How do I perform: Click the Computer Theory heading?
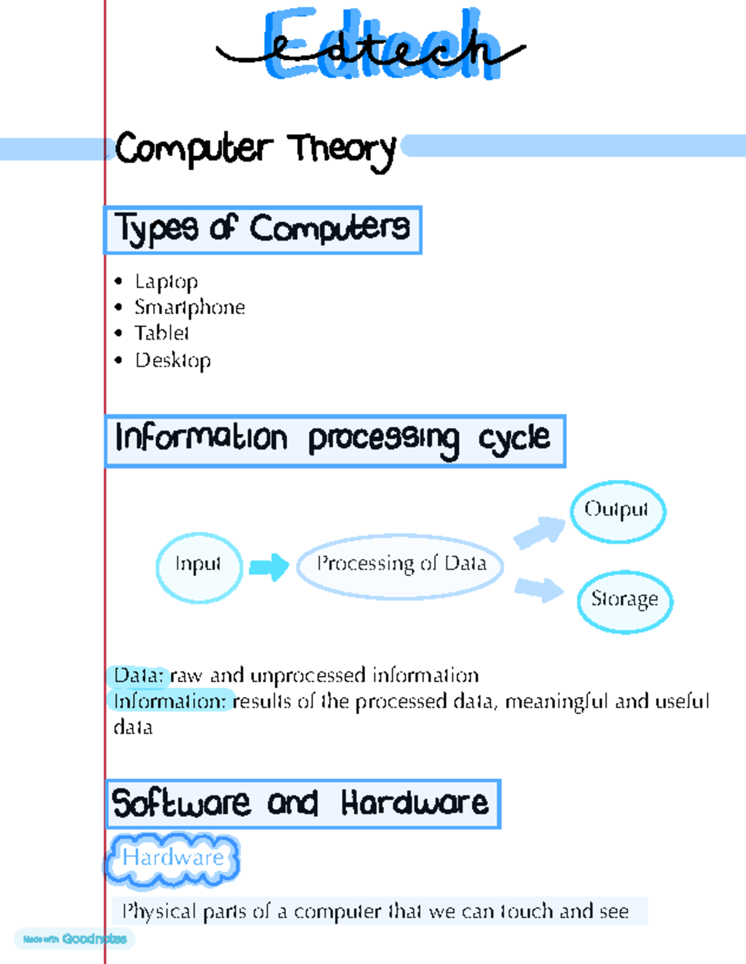click(x=256, y=150)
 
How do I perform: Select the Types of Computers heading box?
click(x=262, y=230)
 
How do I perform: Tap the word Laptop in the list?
click(x=167, y=282)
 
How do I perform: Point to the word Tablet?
click(x=162, y=333)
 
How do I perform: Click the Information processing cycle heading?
click(x=335, y=441)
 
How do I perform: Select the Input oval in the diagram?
click(x=199, y=568)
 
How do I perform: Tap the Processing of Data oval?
click(x=400, y=566)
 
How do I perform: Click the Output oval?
click(x=618, y=512)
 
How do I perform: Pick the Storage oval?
click(x=625, y=602)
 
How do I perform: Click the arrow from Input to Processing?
click(x=269, y=567)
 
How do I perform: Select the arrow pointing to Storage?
click(x=540, y=590)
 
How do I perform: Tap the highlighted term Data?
click(x=139, y=676)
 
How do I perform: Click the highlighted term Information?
click(x=171, y=702)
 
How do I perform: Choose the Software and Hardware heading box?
click(x=303, y=804)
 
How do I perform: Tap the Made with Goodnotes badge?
click(x=75, y=939)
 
